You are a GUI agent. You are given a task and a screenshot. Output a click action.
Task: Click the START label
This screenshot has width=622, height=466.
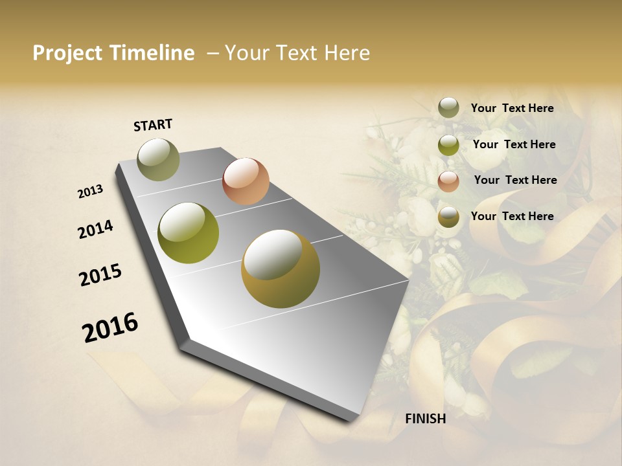coord(153,125)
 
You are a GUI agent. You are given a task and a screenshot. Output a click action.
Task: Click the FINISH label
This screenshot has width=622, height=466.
coord(425,418)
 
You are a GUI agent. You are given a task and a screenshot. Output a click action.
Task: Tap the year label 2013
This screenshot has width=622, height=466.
coord(90,192)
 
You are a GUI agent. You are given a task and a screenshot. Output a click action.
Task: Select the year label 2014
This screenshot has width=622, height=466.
coord(95,229)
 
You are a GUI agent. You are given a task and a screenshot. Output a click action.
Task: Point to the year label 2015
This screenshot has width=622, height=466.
coord(100,275)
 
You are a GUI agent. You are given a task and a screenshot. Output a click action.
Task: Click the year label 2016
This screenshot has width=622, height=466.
coord(110,327)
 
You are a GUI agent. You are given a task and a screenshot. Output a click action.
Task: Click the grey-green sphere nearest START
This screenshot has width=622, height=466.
coord(158,159)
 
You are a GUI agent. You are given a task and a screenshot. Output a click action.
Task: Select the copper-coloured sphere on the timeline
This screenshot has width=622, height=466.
coord(246,181)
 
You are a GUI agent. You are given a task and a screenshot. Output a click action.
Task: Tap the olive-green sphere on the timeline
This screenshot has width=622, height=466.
coord(189,233)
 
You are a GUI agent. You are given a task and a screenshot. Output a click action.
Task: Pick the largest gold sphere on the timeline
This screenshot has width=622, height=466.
coord(280,269)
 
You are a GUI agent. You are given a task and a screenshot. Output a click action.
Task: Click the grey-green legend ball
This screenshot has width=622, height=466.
coord(448,108)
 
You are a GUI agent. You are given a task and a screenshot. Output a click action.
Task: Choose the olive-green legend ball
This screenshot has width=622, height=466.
coord(448,145)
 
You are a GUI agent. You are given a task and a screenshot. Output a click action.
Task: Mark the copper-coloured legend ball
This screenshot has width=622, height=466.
coord(448,181)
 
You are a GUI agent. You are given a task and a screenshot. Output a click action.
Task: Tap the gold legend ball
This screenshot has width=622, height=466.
coord(448,217)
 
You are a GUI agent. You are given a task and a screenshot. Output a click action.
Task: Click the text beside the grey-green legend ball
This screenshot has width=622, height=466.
coord(512,108)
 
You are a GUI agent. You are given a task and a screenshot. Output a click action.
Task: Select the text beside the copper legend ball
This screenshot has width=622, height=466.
coord(515,180)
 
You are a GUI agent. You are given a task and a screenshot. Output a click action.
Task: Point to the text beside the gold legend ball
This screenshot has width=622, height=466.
coord(512,216)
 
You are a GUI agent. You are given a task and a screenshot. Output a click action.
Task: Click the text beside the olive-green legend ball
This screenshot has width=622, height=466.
coord(514,144)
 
